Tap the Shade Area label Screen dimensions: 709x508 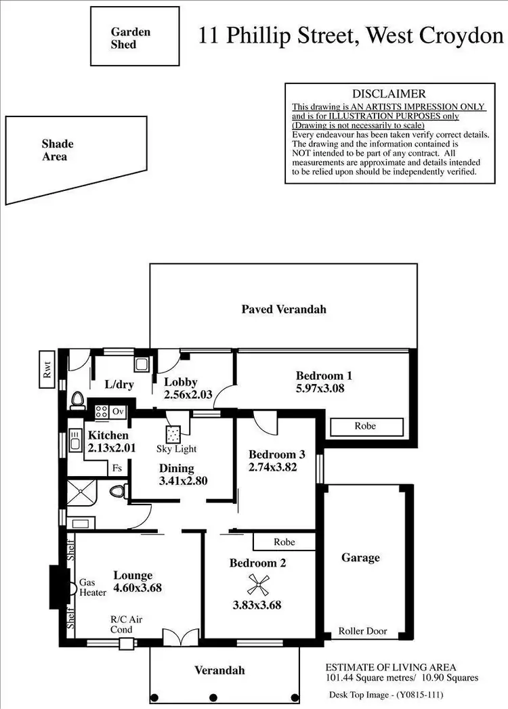57,150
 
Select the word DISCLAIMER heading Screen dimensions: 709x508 389,94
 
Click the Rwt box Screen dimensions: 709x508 47,369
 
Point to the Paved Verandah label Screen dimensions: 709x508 284,309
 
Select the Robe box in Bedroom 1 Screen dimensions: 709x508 365,427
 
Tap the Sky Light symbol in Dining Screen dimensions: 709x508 172,433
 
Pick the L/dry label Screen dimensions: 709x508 119,385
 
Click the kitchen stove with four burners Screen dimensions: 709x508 102,411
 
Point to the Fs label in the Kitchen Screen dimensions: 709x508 117,467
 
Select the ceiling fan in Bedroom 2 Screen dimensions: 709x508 257,583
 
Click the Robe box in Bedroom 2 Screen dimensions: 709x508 284,542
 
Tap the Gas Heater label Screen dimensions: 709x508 92,587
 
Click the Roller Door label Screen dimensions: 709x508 363,631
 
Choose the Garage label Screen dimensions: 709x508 360,558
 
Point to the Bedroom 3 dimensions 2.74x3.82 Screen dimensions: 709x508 273,467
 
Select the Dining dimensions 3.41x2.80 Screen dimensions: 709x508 182,481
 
